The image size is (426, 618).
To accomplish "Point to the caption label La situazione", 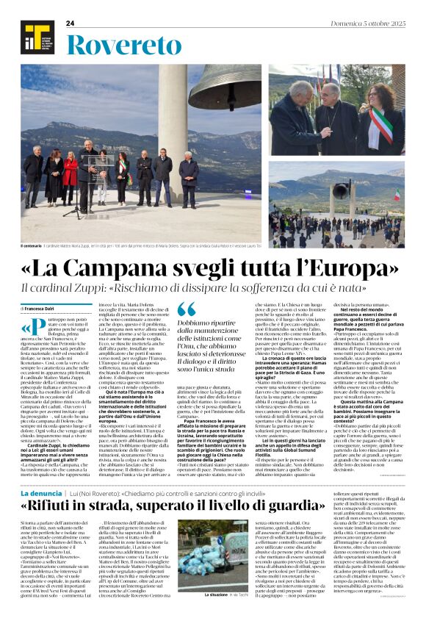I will coord(217,594).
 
